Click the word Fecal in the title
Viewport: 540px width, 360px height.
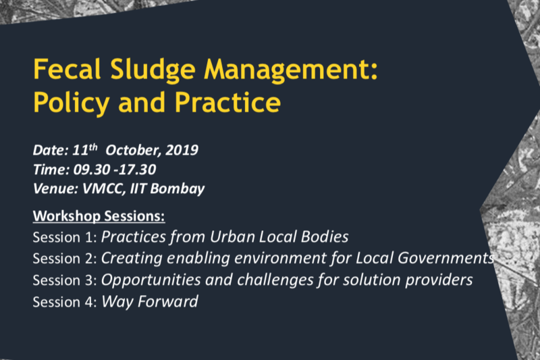coord(67,69)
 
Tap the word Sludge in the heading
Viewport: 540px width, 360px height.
coord(153,71)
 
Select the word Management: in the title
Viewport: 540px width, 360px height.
coord(291,71)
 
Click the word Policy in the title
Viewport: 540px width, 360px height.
coord(72,103)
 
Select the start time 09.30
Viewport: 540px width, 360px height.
coord(91,170)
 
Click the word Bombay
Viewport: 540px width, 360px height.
coord(178,189)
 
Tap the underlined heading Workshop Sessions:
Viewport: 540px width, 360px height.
coord(99,216)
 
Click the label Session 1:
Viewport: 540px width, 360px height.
coord(65,237)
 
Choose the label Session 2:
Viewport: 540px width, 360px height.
coord(65,259)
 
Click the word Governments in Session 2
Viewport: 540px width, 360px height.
coord(446,258)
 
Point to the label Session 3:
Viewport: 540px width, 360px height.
coord(65,280)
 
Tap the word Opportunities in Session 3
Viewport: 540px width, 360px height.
coord(151,280)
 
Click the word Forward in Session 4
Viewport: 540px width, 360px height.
coord(167,301)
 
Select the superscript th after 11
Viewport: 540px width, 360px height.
coord(93,147)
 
